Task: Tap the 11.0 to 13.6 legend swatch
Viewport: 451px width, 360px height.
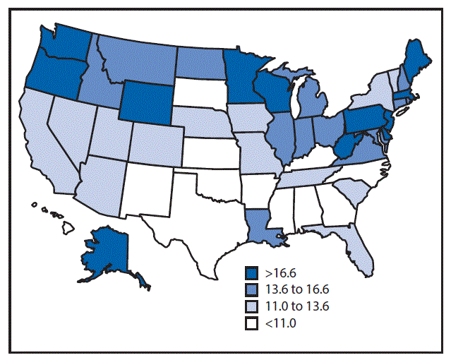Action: point(251,306)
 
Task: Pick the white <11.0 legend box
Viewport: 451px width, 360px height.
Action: point(251,323)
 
